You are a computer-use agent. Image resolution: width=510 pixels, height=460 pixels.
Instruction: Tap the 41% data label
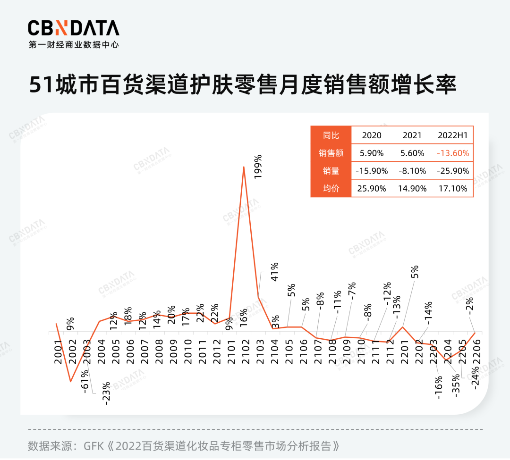point(275,272)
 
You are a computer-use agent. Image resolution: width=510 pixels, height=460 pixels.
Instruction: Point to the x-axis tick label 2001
point(58,352)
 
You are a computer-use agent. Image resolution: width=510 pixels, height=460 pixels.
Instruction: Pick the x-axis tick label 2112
point(390,352)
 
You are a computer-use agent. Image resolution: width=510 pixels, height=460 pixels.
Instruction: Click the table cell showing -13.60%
point(453,153)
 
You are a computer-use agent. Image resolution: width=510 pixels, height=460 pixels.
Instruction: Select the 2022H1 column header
point(453,135)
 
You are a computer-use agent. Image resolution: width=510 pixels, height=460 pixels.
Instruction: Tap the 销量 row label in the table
point(331,171)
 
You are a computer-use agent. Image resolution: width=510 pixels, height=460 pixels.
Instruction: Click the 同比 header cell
point(331,135)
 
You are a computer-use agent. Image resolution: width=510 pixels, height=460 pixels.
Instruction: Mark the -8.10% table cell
point(412,171)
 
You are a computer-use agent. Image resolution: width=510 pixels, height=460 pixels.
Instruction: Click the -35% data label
point(457,386)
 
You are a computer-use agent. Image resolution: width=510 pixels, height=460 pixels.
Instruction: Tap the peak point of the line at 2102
point(244,167)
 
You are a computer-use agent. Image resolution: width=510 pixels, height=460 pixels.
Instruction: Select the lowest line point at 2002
point(71,381)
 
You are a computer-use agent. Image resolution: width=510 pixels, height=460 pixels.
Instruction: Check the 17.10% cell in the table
point(453,188)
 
